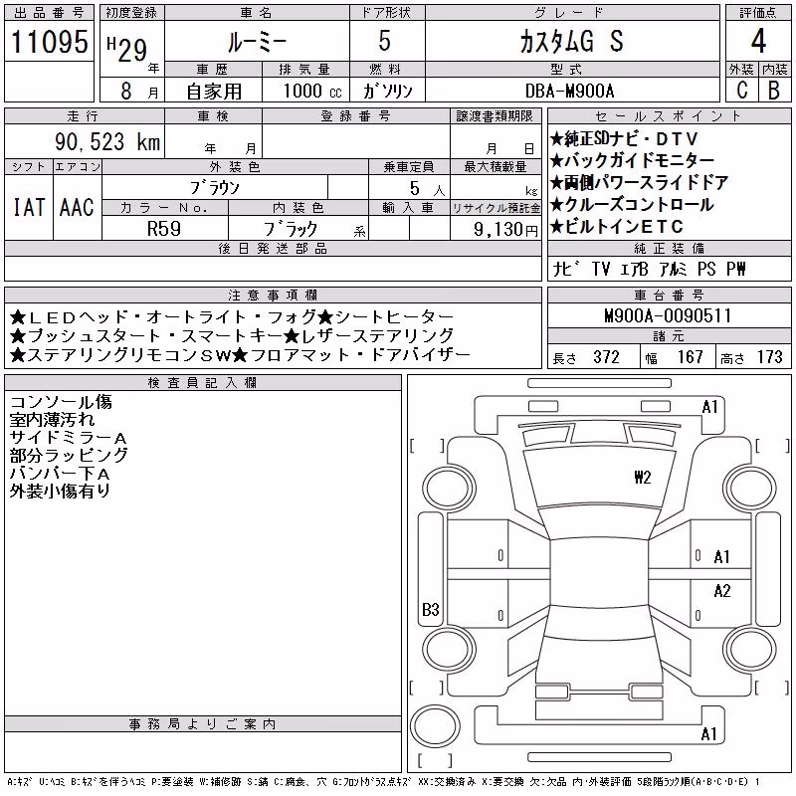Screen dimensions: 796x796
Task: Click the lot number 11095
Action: click(x=49, y=41)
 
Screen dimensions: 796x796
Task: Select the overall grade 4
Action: click(x=758, y=41)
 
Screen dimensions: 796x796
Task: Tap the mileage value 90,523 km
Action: click(x=107, y=141)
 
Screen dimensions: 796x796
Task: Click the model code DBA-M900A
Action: click(x=569, y=91)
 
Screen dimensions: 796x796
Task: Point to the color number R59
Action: click(x=164, y=229)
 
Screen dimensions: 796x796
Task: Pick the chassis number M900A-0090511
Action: click(x=668, y=315)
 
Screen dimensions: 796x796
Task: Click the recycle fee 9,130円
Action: click(x=505, y=230)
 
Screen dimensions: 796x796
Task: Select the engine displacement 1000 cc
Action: click(x=312, y=91)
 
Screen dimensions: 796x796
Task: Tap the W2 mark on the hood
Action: click(x=642, y=478)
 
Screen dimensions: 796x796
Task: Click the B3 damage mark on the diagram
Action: click(x=431, y=609)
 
